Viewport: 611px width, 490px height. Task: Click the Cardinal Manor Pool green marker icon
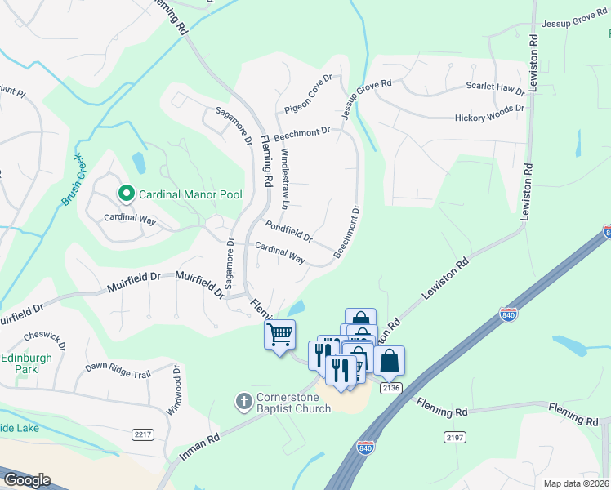[126, 194]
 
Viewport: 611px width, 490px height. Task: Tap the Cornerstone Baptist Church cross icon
[243, 401]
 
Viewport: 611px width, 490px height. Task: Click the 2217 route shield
[143, 434]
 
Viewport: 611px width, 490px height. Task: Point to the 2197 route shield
[455, 438]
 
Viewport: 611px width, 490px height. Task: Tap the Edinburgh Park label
[26, 363]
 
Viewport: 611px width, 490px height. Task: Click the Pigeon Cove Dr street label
[308, 95]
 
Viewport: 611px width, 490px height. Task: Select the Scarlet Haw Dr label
[494, 87]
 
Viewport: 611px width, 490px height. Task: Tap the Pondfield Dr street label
[288, 231]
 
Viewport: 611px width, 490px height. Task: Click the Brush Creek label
[73, 180]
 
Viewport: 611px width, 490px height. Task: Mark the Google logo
[26, 479]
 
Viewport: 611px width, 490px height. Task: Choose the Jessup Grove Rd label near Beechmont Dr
[368, 99]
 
